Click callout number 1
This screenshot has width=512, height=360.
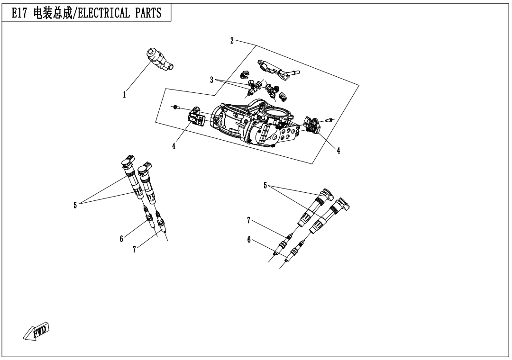124,95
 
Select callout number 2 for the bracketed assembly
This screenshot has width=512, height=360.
232,41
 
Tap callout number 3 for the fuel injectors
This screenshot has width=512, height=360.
211,80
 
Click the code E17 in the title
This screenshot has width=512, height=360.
18,13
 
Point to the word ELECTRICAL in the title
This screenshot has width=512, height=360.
99,13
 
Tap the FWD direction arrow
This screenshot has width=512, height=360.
37,331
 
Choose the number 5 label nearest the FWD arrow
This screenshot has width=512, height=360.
75,205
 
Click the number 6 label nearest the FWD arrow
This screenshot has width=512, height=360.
121,239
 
